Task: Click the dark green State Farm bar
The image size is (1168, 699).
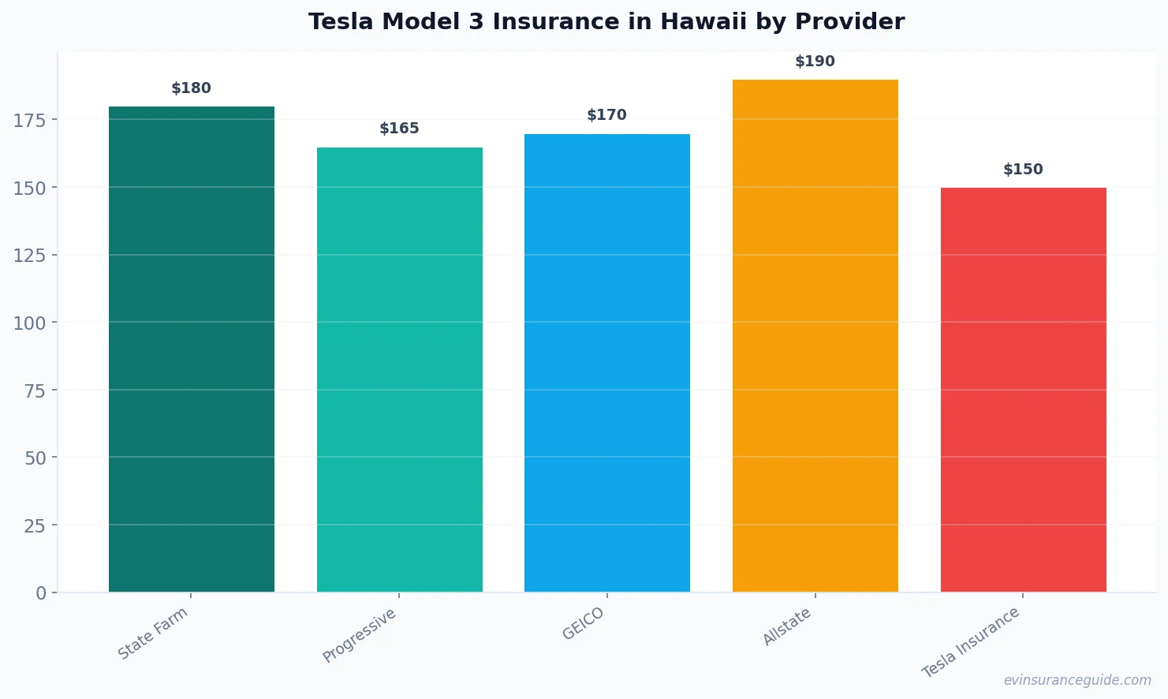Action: pos(192,349)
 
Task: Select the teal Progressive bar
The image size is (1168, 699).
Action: pos(400,369)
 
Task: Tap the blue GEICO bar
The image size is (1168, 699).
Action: pos(607,363)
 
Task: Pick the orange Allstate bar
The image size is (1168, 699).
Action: pos(815,335)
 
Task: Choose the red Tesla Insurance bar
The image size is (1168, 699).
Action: pos(1023,390)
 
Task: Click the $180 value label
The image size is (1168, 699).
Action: pos(192,88)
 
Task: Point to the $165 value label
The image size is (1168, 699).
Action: pos(400,129)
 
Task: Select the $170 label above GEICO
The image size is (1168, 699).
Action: pos(607,115)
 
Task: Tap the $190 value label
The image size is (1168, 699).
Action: pos(815,62)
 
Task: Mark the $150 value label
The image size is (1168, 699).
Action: pos(1023,170)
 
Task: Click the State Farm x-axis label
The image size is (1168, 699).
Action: pos(153,633)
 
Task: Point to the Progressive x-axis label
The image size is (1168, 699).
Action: pos(360,635)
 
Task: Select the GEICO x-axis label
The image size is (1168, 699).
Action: pos(584,623)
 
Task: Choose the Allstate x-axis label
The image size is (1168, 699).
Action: pos(787,626)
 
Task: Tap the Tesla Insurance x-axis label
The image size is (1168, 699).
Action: pos(971,642)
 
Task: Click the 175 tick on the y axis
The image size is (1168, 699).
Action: pos(30,120)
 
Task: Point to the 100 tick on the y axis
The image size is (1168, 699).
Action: pos(30,323)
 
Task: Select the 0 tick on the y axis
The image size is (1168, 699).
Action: pos(41,593)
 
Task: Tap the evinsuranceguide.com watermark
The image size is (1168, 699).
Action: pos(1077,680)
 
